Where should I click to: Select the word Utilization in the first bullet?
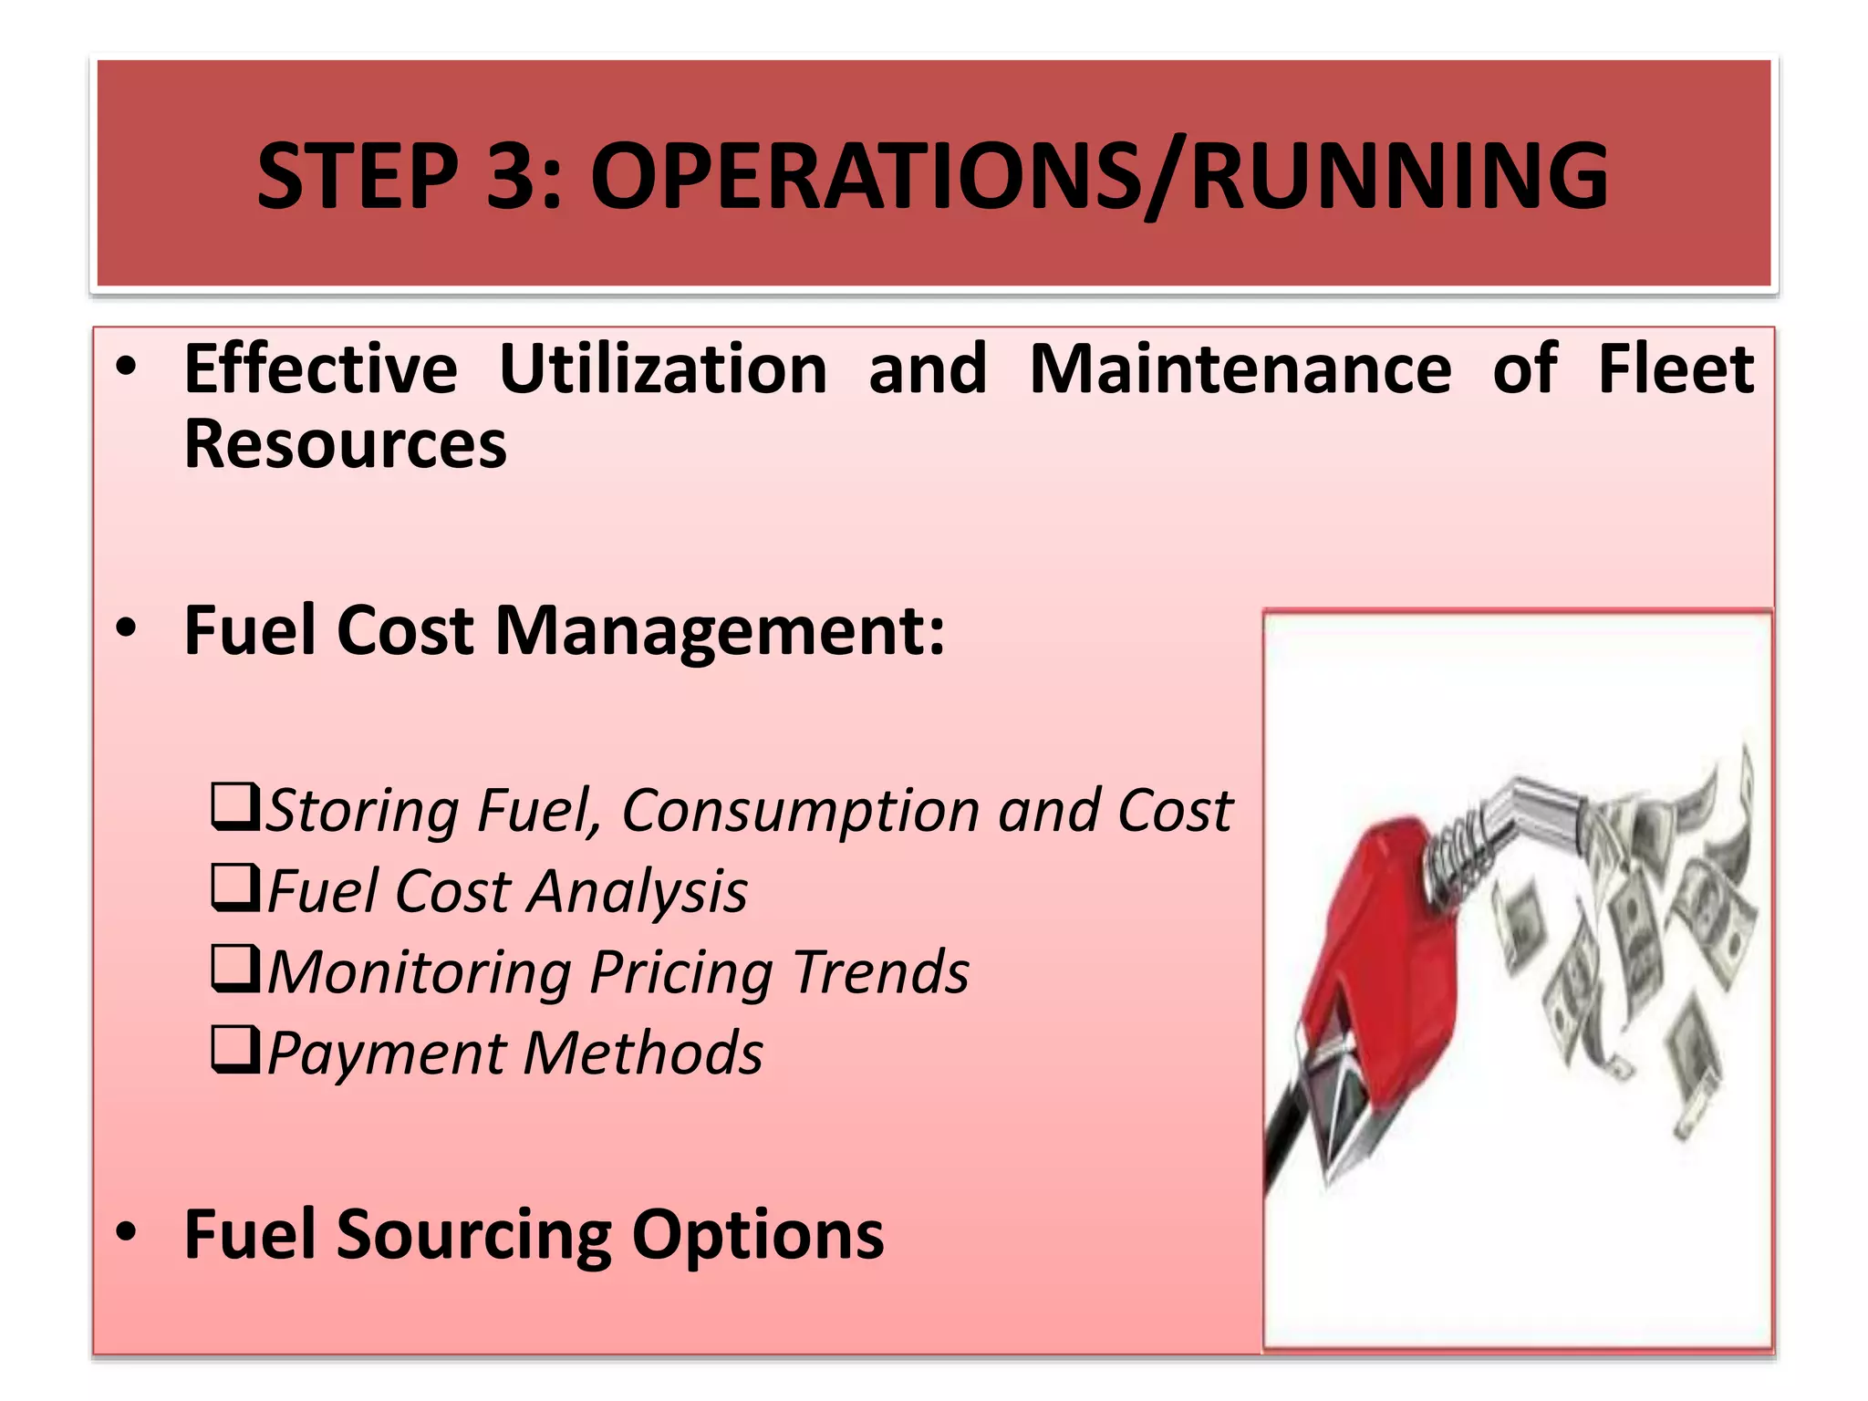pos(663,369)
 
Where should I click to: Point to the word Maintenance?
pos(1240,369)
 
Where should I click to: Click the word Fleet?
pos(1676,369)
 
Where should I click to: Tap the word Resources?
pos(345,445)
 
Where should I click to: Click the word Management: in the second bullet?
pos(720,631)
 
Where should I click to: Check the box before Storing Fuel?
pos(235,806)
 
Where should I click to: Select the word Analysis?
pos(638,892)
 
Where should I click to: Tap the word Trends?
pos(880,972)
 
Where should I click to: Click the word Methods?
pos(643,1053)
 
